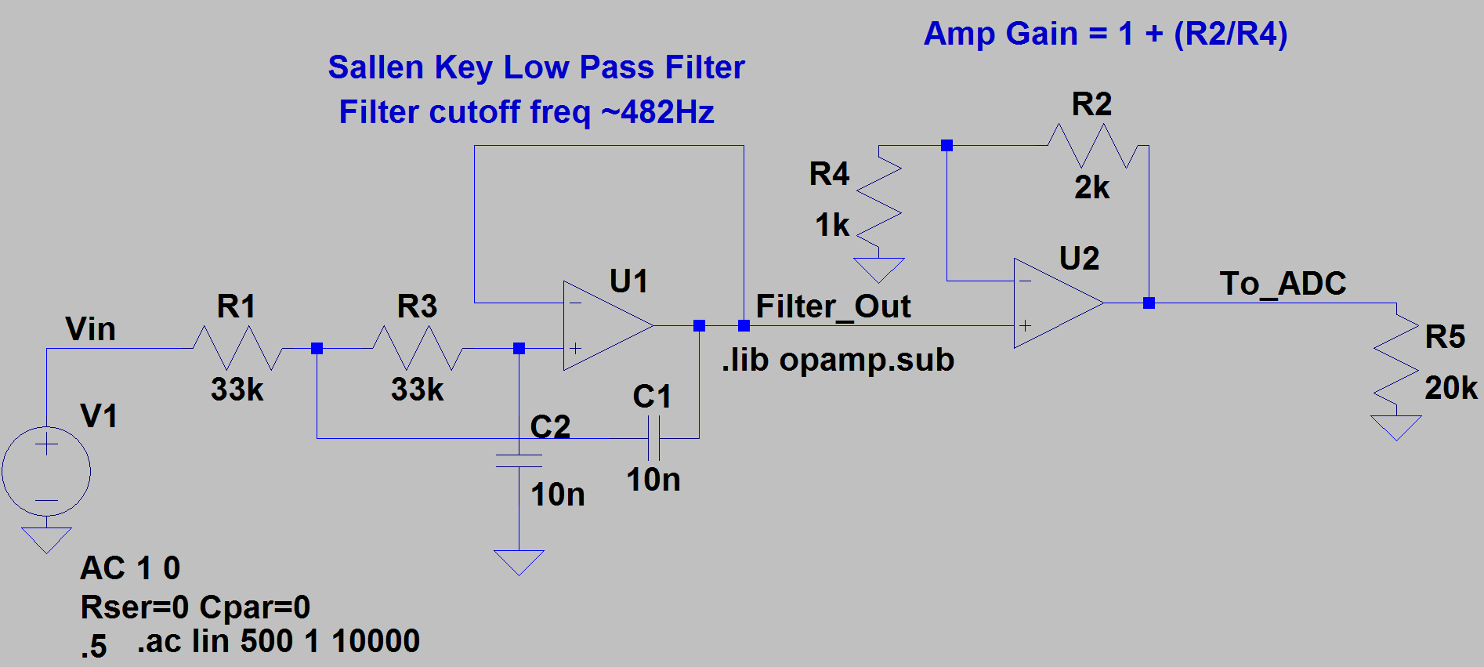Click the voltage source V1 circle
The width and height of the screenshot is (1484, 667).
pos(46,472)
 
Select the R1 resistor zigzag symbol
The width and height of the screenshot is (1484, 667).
pos(237,348)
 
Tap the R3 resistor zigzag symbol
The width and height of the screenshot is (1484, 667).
pos(417,348)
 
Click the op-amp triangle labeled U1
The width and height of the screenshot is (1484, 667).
pos(603,325)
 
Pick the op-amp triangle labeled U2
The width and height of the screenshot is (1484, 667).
pos(1054,303)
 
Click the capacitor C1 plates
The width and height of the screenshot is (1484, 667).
pos(653,438)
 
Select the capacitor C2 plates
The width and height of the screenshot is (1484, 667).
pos(519,461)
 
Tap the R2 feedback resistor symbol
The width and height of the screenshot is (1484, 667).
pos(1092,146)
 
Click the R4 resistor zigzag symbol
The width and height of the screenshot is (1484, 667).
pos(879,201)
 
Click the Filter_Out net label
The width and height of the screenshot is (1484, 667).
pos(833,306)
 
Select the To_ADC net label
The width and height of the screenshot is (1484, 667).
pos(1283,284)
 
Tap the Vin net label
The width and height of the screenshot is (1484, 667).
pos(90,329)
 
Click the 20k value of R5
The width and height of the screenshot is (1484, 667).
pos(1450,388)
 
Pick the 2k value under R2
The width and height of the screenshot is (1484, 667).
pos(1091,187)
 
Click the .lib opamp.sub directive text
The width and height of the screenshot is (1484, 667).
pos(838,360)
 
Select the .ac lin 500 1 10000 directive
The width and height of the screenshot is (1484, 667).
pos(278,641)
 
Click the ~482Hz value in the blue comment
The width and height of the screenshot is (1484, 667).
pos(657,112)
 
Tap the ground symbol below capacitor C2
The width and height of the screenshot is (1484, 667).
pos(519,561)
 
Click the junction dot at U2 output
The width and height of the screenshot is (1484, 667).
pos(1149,303)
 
